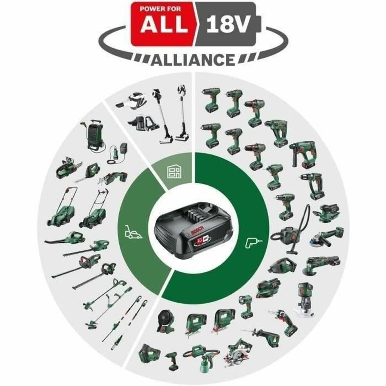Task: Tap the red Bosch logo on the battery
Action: [x=192, y=232]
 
